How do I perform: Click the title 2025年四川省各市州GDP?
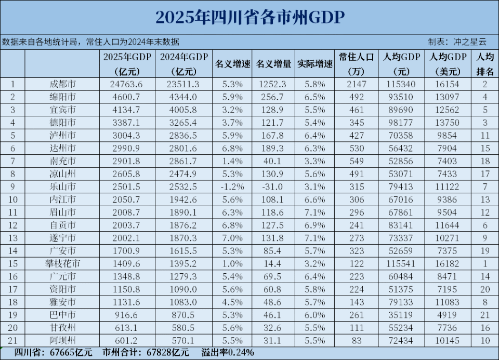click(x=250, y=17)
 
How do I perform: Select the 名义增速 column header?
click(x=232, y=64)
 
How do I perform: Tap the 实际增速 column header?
click(x=315, y=64)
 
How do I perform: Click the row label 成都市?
click(x=63, y=84)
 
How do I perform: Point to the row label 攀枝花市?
click(x=63, y=263)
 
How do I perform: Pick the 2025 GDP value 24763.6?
click(x=126, y=84)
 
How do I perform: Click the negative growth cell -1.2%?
click(x=232, y=186)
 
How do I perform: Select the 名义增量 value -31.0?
click(x=273, y=186)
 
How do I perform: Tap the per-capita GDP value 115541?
click(x=401, y=263)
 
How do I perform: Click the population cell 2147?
click(x=357, y=84)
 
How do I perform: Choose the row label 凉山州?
click(x=63, y=174)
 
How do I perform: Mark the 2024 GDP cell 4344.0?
click(x=183, y=97)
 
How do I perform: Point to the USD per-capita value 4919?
click(x=447, y=314)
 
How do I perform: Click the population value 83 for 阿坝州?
click(x=357, y=340)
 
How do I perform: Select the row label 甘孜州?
click(x=63, y=328)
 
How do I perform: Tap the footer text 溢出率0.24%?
click(x=228, y=352)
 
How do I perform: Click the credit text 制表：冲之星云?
click(x=457, y=42)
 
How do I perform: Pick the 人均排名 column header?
click(x=485, y=64)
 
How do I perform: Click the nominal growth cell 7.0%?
click(x=232, y=238)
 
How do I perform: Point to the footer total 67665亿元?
click(x=71, y=352)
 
